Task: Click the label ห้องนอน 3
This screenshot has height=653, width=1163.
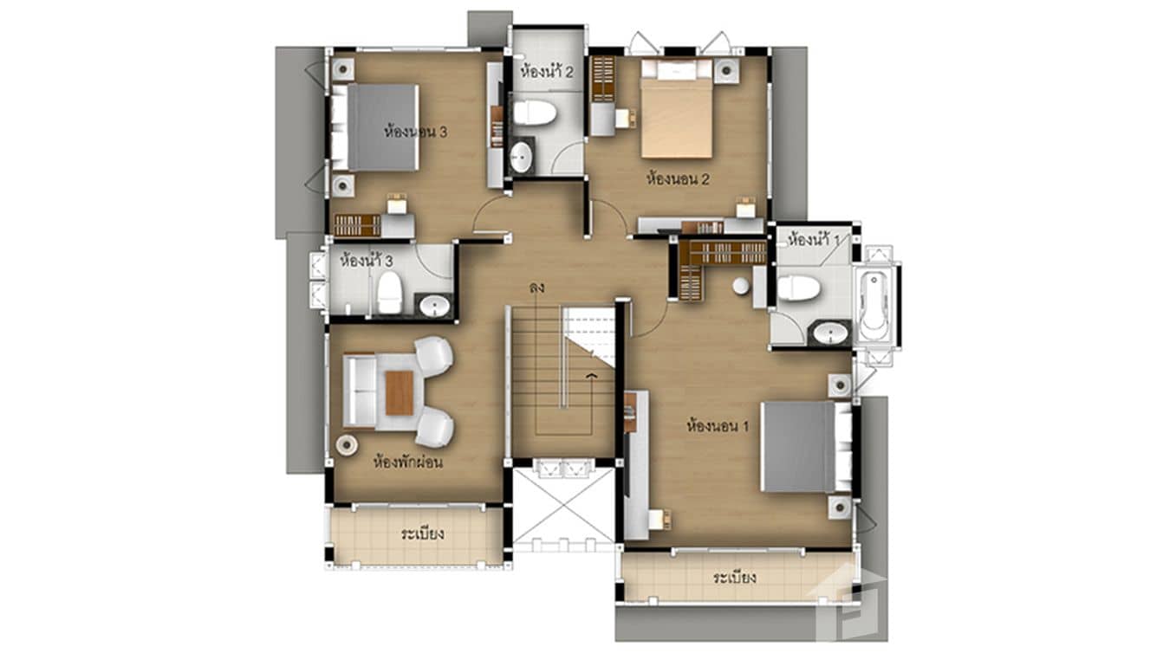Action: click(x=416, y=133)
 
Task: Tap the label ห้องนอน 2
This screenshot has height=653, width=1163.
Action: click(x=679, y=180)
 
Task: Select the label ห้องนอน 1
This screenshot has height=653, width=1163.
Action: click(x=717, y=426)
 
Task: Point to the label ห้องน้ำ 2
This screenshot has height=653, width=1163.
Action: click(x=547, y=72)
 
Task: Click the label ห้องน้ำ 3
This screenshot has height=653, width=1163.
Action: click(x=367, y=260)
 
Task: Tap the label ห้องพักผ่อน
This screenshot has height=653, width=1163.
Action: click(x=407, y=462)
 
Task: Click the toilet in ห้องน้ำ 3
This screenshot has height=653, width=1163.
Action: click(x=389, y=293)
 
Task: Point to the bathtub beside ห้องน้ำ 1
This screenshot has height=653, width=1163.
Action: click(x=875, y=302)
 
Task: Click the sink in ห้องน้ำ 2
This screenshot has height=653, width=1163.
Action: click(x=522, y=158)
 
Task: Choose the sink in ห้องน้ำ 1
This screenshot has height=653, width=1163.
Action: click(x=832, y=333)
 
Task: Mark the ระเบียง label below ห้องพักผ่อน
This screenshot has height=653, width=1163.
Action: click(x=423, y=533)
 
